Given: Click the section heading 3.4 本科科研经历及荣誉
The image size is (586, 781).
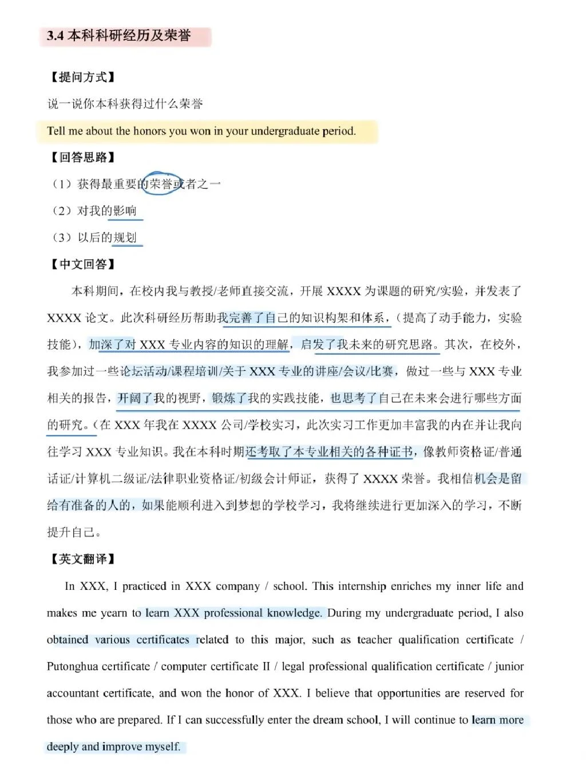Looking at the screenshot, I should coord(118,35).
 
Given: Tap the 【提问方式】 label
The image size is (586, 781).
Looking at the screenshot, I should coord(82,77).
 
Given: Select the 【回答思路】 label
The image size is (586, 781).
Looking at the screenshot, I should coord(82,157).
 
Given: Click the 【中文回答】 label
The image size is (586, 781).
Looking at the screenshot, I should coord(82,264).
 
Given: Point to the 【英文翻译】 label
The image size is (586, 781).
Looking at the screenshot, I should coord(82,559).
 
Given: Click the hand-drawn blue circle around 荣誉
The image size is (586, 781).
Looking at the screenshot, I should coord(162,184).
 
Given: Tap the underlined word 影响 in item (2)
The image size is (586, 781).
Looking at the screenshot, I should coord(125,211).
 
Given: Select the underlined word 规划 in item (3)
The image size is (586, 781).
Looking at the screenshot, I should coord(125,237).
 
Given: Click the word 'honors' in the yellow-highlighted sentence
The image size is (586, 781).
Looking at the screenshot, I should coord(149,131).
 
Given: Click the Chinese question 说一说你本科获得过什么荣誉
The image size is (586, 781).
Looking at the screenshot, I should coord(125,104).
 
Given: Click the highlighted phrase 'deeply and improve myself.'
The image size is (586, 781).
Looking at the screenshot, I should coord(113,747).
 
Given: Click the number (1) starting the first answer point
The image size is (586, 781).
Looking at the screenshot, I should coord(61,184).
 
